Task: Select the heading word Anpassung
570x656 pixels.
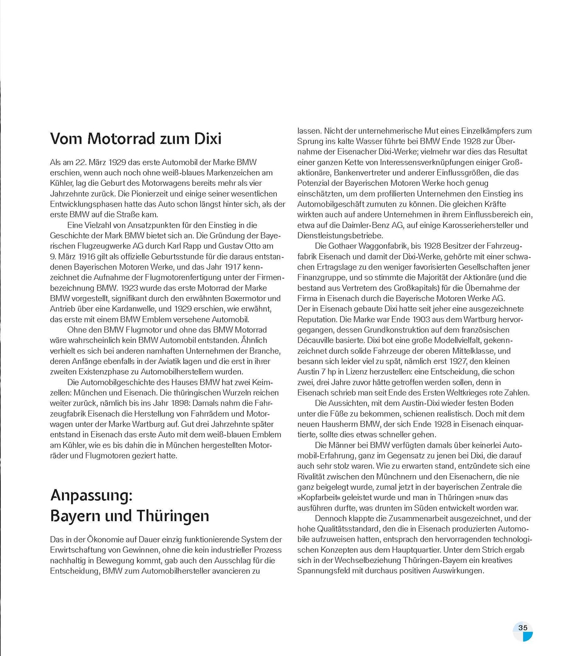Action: [x=91, y=496]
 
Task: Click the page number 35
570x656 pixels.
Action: [x=523, y=628]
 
